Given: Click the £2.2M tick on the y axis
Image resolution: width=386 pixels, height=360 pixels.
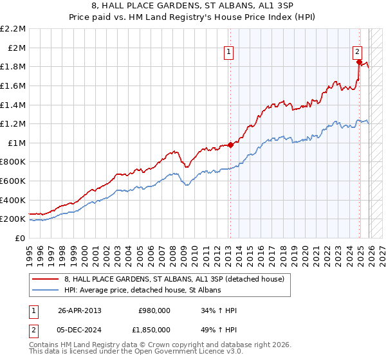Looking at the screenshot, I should (14, 29).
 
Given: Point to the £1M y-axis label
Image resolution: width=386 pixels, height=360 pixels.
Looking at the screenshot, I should (17, 143).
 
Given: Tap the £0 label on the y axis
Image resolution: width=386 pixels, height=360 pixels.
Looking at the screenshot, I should (21, 238).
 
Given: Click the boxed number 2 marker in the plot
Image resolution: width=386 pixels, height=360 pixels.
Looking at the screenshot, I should (357, 53).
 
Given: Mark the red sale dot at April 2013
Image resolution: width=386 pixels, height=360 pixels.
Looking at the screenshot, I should (230, 145).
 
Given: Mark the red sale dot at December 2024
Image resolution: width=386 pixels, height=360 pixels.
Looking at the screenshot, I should (360, 62).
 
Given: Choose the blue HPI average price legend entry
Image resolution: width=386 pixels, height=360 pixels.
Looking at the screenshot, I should (142, 290).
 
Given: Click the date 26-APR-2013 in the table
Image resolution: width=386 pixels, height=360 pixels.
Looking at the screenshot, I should (80, 310).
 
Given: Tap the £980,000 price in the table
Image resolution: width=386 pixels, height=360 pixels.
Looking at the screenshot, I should (154, 310).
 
